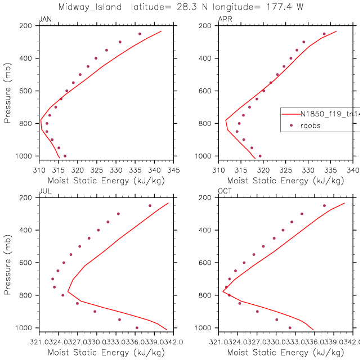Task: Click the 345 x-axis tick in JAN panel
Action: pos(173,169)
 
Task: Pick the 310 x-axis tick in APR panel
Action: pos(218,169)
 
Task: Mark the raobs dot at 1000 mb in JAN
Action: pos(65,156)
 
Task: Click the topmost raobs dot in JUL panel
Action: pos(150,205)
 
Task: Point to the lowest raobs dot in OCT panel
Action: pos(290,327)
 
